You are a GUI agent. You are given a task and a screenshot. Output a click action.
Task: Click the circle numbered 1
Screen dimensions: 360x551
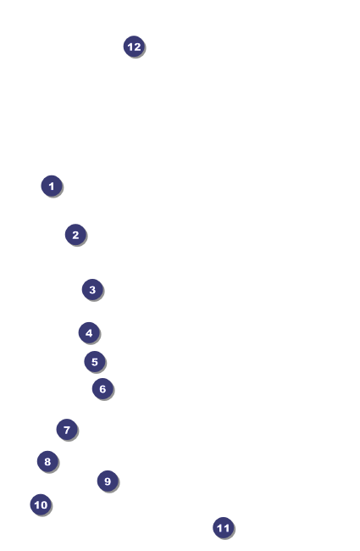pyautogui.click(x=52, y=186)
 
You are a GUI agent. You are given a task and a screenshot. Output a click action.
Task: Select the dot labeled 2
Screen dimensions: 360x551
pyautogui.click(x=75, y=235)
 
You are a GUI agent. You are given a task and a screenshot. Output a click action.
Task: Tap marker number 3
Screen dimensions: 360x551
pyautogui.click(x=92, y=290)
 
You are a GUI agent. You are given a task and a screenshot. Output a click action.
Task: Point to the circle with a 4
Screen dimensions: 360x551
pyautogui.click(x=89, y=333)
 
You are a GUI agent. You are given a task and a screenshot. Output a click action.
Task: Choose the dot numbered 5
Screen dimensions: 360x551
pyautogui.click(x=95, y=362)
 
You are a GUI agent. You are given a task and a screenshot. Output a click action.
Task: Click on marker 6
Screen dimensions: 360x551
pyautogui.click(x=102, y=388)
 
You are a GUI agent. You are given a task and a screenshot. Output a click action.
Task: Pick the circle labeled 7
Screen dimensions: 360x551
pyautogui.click(x=67, y=430)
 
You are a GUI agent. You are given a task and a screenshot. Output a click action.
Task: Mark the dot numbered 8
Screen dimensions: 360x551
pyautogui.click(x=47, y=461)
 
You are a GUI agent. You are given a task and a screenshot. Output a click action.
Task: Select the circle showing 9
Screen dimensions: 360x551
pyautogui.click(x=108, y=481)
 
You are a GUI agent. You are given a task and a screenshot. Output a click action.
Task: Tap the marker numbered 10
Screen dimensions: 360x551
pyautogui.click(x=41, y=504)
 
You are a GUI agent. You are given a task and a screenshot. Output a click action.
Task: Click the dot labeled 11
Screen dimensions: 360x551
pyautogui.click(x=223, y=528)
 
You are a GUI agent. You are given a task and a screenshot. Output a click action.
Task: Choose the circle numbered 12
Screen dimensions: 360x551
pyautogui.click(x=134, y=47)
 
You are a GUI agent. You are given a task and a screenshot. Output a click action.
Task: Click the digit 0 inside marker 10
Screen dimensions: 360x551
pyautogui.click(x=43, y=505)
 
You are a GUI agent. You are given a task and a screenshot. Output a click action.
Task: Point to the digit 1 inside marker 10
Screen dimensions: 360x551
pyautogui.click(x=37, y=505)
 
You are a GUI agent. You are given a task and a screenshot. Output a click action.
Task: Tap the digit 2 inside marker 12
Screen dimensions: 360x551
pyautogui.click(x=137, y=47)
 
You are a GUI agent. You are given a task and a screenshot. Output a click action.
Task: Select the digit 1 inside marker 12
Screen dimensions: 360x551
pyautogui.click(x=130, y=47)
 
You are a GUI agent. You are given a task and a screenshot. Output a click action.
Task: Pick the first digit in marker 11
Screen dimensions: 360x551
pyautogui.click(x=220, y=528)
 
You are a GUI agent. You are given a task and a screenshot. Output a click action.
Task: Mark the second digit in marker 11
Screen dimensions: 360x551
pyautogui.click(x=226, y=528)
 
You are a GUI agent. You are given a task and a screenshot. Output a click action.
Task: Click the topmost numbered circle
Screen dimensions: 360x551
pyautogui.click(x=134, y=47)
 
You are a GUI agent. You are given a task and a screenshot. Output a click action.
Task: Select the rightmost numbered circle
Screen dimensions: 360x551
pyautogui.click(x=223, y=528)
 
